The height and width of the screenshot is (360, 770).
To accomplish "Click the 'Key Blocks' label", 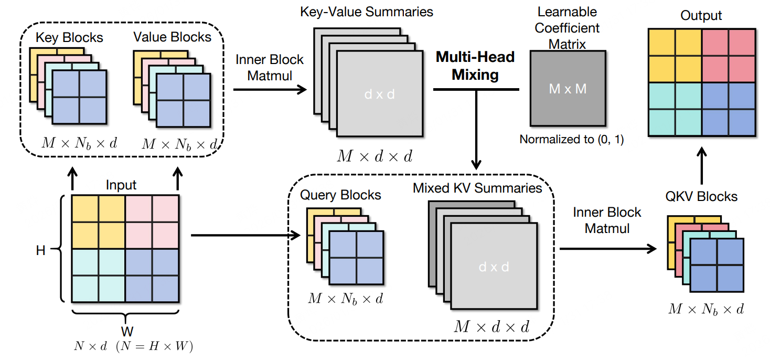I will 69,38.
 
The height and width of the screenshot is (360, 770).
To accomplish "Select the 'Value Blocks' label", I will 172,37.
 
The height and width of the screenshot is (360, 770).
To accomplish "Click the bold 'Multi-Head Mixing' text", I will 475,66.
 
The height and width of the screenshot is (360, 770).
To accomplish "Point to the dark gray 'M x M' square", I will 568,89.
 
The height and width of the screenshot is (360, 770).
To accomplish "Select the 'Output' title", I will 701,16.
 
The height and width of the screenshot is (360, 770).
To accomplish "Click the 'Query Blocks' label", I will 340,195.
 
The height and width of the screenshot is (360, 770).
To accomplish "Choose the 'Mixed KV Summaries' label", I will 477,188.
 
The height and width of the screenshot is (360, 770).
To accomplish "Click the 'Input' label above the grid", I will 121,185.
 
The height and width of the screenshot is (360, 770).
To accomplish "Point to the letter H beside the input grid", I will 40,250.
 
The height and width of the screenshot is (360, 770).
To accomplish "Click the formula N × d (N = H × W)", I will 133,346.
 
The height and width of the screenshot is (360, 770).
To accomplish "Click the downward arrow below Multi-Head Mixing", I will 476,129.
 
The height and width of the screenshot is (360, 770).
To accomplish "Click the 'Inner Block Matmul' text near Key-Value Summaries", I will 269,68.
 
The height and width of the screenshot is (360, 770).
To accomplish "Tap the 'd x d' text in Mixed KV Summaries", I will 494,267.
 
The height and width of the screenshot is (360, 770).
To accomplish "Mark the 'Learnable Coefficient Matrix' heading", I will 567,28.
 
